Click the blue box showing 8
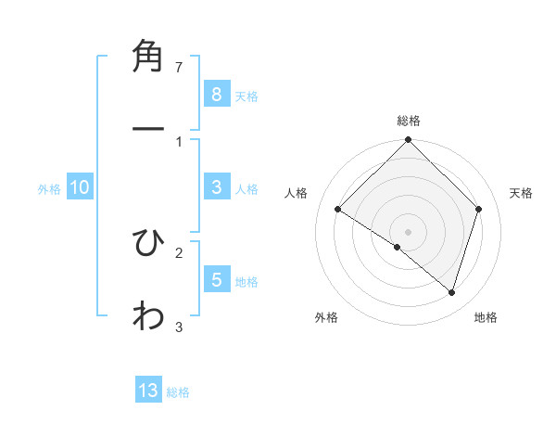click(x=216, y=94)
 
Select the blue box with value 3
click(x=216, y=187)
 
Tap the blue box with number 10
click(x=80, y=187)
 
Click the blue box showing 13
click(x=148, y=391)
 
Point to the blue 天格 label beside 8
click(x=246, y=96)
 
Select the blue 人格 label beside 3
click(x=246, y=189)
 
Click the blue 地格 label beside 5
click(x=246, y=281)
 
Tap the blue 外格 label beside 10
click(x=49, y=189)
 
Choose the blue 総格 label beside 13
click(x=178, y=392)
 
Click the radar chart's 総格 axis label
click(x=409, y=121)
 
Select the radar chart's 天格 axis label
click(x=522, y=193)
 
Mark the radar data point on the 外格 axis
click(x=398, y=247)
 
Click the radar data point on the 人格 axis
click(x=338, y=210)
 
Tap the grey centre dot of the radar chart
click(x=409, y=231)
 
